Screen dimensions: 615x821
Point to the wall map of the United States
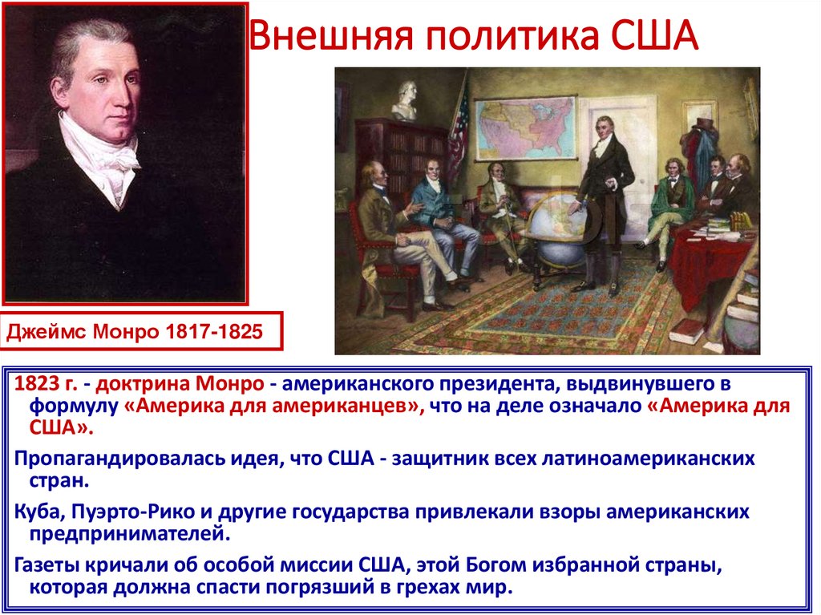pos(524,128)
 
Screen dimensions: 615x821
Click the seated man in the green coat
pos(669,204)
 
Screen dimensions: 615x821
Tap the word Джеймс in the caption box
pos(51,330)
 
